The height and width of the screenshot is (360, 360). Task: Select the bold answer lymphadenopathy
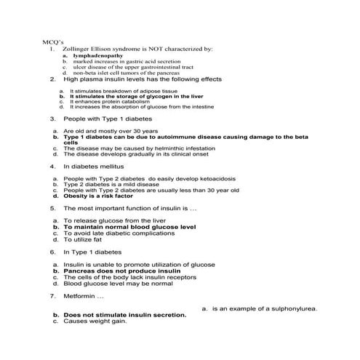click(x=96, y=55)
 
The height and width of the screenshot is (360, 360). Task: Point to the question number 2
click(x=53, y=79)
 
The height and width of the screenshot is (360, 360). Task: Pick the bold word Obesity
click(x=76, y=196)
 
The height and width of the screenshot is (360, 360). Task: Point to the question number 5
click(x=53, y=208)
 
